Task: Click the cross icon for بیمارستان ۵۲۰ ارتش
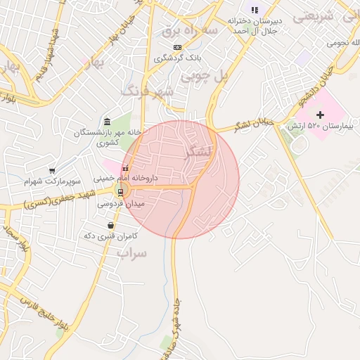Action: pyautogui.click(x=321, y=114)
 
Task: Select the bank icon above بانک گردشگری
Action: pyautogui.click(x=176, y=46)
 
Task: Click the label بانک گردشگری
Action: pyautogui.click(x=181, y=58)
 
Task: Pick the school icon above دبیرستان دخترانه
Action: pyautogui.click(x=255, y=10)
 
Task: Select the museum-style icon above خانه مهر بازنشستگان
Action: pyautogui.click(x=107, y=122)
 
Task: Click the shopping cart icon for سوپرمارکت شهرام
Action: pyautogui.click(x=52, y=171)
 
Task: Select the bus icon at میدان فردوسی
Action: pyautogui.click(x=120, y=192)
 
